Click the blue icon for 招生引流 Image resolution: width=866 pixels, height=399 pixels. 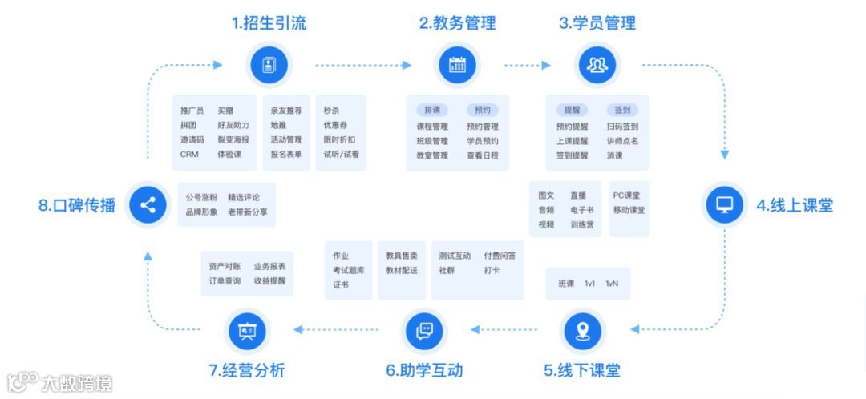(x=269, y=65)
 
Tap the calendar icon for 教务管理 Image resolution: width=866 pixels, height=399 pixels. (x=457, y=65)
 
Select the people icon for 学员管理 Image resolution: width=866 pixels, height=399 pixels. (x=597, y=65)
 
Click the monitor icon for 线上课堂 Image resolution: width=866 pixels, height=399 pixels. (x=724, y=204)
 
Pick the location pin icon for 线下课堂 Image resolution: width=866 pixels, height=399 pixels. (x=582, y=330)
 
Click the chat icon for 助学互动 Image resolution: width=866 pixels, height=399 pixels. (x=424, y=330)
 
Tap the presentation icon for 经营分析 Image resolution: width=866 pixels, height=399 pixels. (x=247, y=330)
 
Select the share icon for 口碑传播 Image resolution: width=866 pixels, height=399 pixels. (x=148, y=204)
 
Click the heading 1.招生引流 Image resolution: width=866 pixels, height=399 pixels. (x=269, y=23)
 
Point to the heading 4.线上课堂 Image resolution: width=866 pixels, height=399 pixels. (x=794, y=205)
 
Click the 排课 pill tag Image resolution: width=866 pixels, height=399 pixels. (x=432, y=110)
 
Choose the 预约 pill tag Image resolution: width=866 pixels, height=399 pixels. (x=482, y=110)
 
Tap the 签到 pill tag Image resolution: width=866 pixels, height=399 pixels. (x=622, y=110)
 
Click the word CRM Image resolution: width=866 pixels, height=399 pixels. (x=189, y=155)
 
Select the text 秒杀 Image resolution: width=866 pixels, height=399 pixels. (x=332, y=111)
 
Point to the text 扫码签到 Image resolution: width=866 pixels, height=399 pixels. (x=622, y=127)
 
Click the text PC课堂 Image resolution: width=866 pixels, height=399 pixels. (x=627, y=195)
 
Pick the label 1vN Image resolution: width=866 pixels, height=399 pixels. (x=612, y=284)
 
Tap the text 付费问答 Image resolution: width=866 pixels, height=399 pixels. (x=500, y=256)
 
